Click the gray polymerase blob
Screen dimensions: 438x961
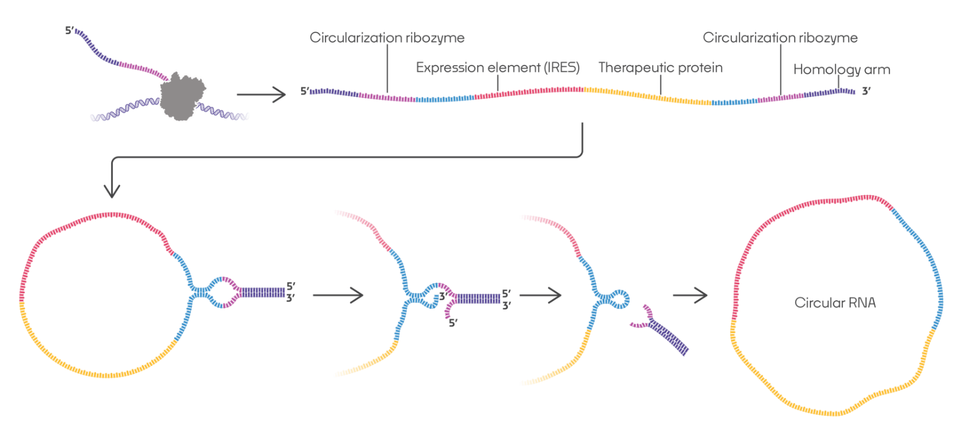[x=183, y=96]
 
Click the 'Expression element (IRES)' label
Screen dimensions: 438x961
[x=497, y=68]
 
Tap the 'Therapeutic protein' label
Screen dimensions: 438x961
[x=660, y=68]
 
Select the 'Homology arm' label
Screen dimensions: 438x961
[x=841, y=70]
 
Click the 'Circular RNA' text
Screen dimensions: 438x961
[x=835, y=303]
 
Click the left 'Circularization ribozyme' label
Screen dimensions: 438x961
[x=387, y=38]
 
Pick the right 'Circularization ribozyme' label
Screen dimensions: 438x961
[x=779, y=38]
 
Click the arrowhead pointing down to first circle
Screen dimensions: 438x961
[x=111, y=190]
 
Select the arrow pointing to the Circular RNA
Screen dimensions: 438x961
[x=690, y=295]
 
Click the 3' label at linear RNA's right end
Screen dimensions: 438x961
[x=866, y=92]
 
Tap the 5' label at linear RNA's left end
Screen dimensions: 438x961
[x=305, y=91]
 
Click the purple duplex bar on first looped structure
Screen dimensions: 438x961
[x=263, y=292]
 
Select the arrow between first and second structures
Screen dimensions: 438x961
[x=338, y=295]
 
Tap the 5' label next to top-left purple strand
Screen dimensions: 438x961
[x=69, y=30]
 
